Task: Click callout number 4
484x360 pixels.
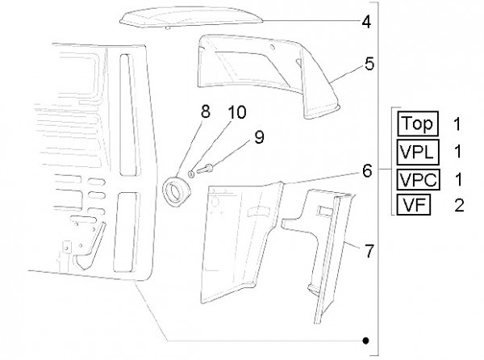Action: click(366, 22)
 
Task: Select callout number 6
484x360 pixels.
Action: click(366, 171)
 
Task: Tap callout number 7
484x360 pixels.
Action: click(369, 251)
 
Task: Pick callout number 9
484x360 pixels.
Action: click(259, 137)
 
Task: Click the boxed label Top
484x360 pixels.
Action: click(416, 124)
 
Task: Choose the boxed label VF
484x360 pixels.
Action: click(414, 204)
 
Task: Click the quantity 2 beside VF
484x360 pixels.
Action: click(459, 205)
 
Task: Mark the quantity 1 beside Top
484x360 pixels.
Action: click(457, 125)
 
